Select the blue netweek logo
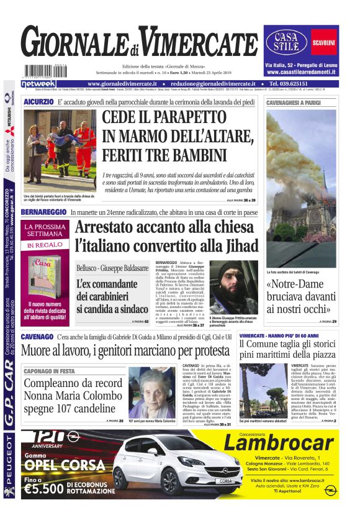click(38, 83)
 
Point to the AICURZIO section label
click(38, 101)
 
